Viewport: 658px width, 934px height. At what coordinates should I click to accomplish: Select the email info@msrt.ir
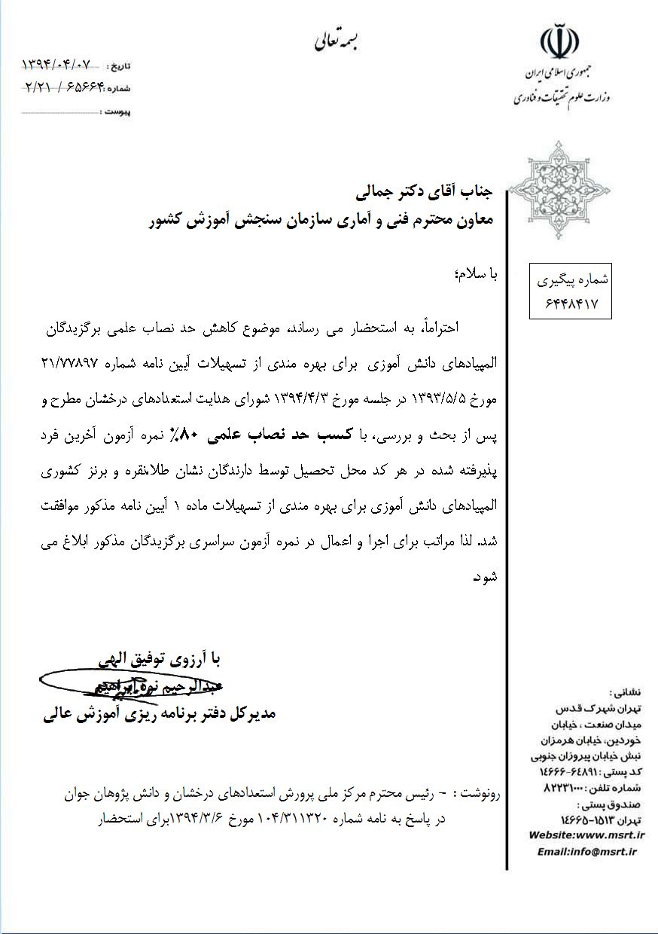[x=587, y=851]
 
